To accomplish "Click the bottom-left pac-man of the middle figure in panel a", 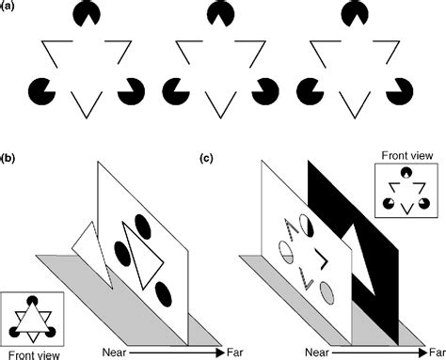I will pos(175,91).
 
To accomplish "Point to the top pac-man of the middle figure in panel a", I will pos(221,14).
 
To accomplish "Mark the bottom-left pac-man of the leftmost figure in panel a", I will pos(42,91).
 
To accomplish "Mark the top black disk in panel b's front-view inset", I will pos(32,302).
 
